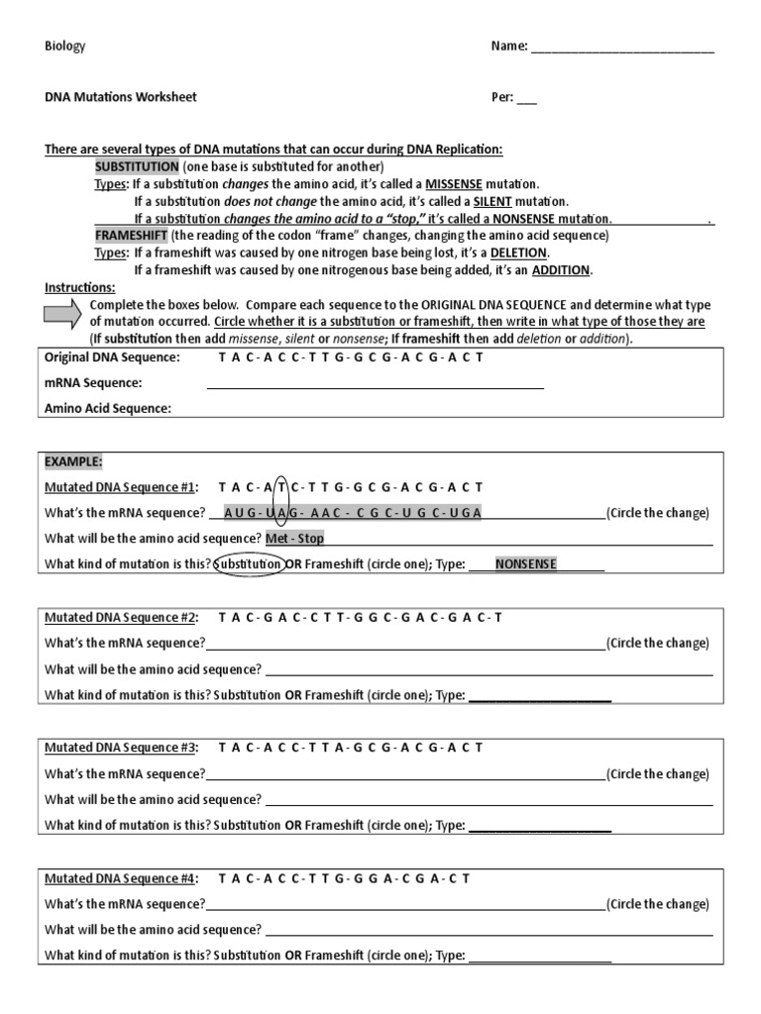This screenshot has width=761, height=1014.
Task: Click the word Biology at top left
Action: [x=65, y=47]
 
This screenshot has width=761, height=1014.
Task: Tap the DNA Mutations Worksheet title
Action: [x=121, y=97]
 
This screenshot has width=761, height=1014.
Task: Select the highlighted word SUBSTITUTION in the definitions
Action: [x=137, y=166]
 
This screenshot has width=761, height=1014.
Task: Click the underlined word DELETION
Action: [x=518, y=253]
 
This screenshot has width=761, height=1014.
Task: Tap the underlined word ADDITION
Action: [x=561, y=270]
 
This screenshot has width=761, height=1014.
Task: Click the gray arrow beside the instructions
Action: [x=64, y=314]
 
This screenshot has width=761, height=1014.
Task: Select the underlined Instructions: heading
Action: [x=79, y=287]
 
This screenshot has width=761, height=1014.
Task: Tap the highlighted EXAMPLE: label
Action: [x=73, y=461]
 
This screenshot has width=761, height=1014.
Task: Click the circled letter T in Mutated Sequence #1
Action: [x=282, y=487]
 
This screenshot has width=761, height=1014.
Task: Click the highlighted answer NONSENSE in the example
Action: [x=525, y=563]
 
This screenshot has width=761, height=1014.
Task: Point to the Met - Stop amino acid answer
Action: [x=294, y=539]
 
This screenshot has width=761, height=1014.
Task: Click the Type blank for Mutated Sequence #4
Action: [x=539, y=957]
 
